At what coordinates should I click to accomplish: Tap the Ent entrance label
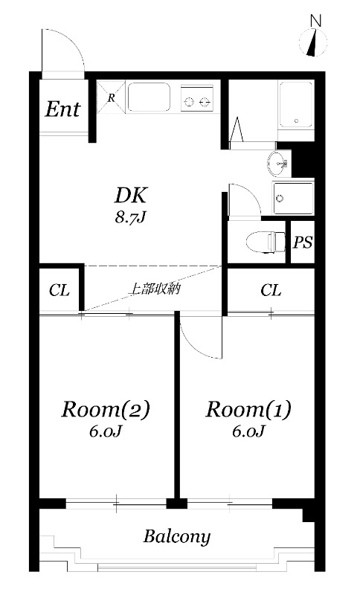click(x=63, y=109)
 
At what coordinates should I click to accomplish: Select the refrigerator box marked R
click(x=110, y=97)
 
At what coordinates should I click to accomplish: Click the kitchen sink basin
click(x=149, y=97)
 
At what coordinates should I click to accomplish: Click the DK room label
click(x=132, y=196)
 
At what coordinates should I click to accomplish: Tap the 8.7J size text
click(x=132, y=219)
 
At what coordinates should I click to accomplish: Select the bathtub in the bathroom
click(x=296, y=104)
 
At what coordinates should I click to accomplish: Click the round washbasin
click(x=278, y=161)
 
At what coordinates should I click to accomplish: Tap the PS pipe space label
click(x=302, y=242)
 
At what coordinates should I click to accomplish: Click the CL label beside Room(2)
click(x=60, y=290)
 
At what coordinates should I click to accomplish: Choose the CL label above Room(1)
click(x=271, y=290)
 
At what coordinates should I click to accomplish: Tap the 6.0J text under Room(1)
click(x=248, y=431)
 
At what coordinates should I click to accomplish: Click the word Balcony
click(x=177, y=536)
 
